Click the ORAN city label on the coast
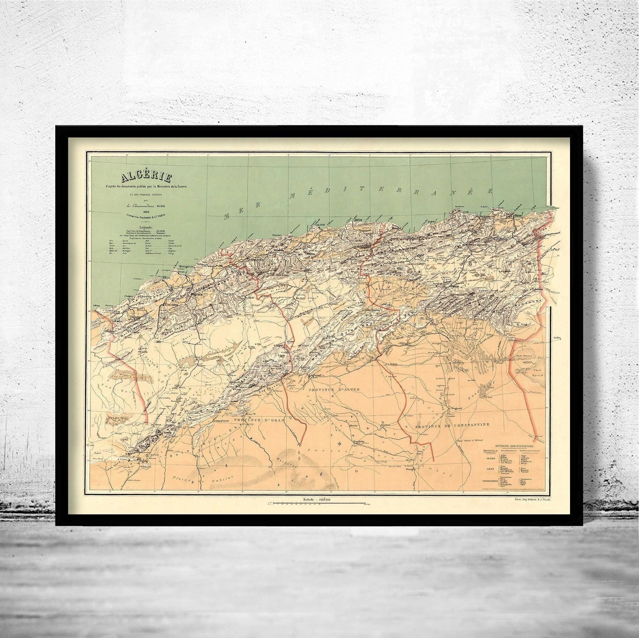pos(166,278)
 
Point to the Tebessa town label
pos(537,289)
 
